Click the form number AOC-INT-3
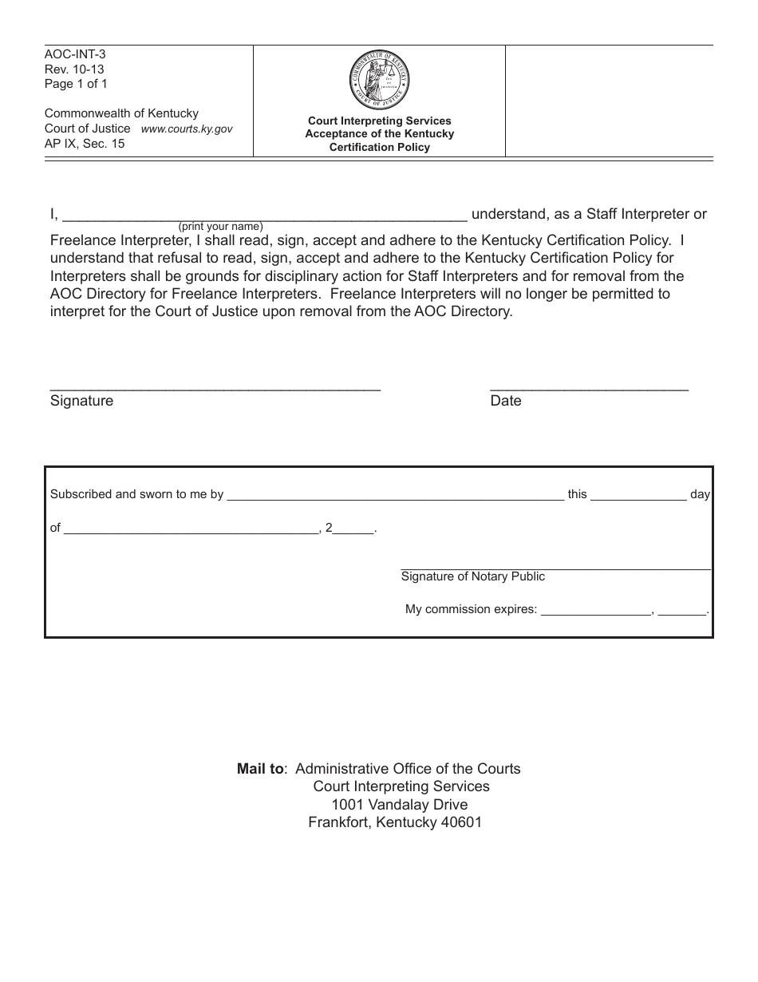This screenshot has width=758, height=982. coord(75,55)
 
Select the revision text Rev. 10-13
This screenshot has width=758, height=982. coord(74,69)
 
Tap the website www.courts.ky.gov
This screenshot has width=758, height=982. coord(187,129)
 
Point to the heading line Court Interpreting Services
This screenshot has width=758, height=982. coord(380,121)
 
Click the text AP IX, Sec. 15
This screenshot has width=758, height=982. coord(85,144)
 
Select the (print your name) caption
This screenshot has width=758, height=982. coord(220,227)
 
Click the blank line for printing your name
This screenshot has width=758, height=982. coord(319,216)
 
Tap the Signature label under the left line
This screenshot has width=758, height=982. coord(81,401)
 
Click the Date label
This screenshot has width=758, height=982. coord(505,401)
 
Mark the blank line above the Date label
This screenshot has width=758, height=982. coord(589,388)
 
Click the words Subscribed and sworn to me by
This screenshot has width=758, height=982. coord(136,494)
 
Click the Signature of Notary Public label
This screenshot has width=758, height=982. coord(473,576)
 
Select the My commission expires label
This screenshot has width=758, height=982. coord(471,609)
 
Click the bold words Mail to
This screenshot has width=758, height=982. coord(261,769)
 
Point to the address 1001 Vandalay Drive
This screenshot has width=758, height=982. coord(400,805)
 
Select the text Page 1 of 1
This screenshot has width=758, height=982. coord(76,84)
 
